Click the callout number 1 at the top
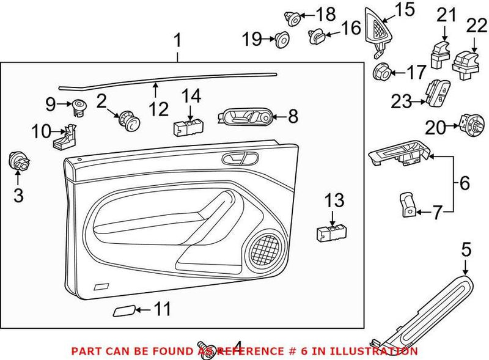point(177,42)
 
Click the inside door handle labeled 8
point(244,116)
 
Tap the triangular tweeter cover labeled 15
point(378,31)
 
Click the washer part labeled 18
point(293,18)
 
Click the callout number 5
point(466,249)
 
